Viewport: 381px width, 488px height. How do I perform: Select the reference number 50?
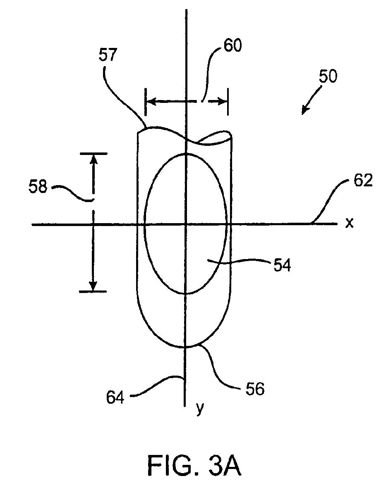[328, 76]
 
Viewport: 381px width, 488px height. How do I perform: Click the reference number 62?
[364, 181]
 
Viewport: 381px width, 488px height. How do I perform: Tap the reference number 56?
[254, 389]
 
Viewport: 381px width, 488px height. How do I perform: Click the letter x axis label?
[350, 223]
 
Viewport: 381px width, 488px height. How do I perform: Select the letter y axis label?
[200, 409]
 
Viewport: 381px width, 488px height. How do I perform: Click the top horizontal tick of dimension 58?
[93, 153]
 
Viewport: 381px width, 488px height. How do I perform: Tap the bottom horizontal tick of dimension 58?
[93, 292]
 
